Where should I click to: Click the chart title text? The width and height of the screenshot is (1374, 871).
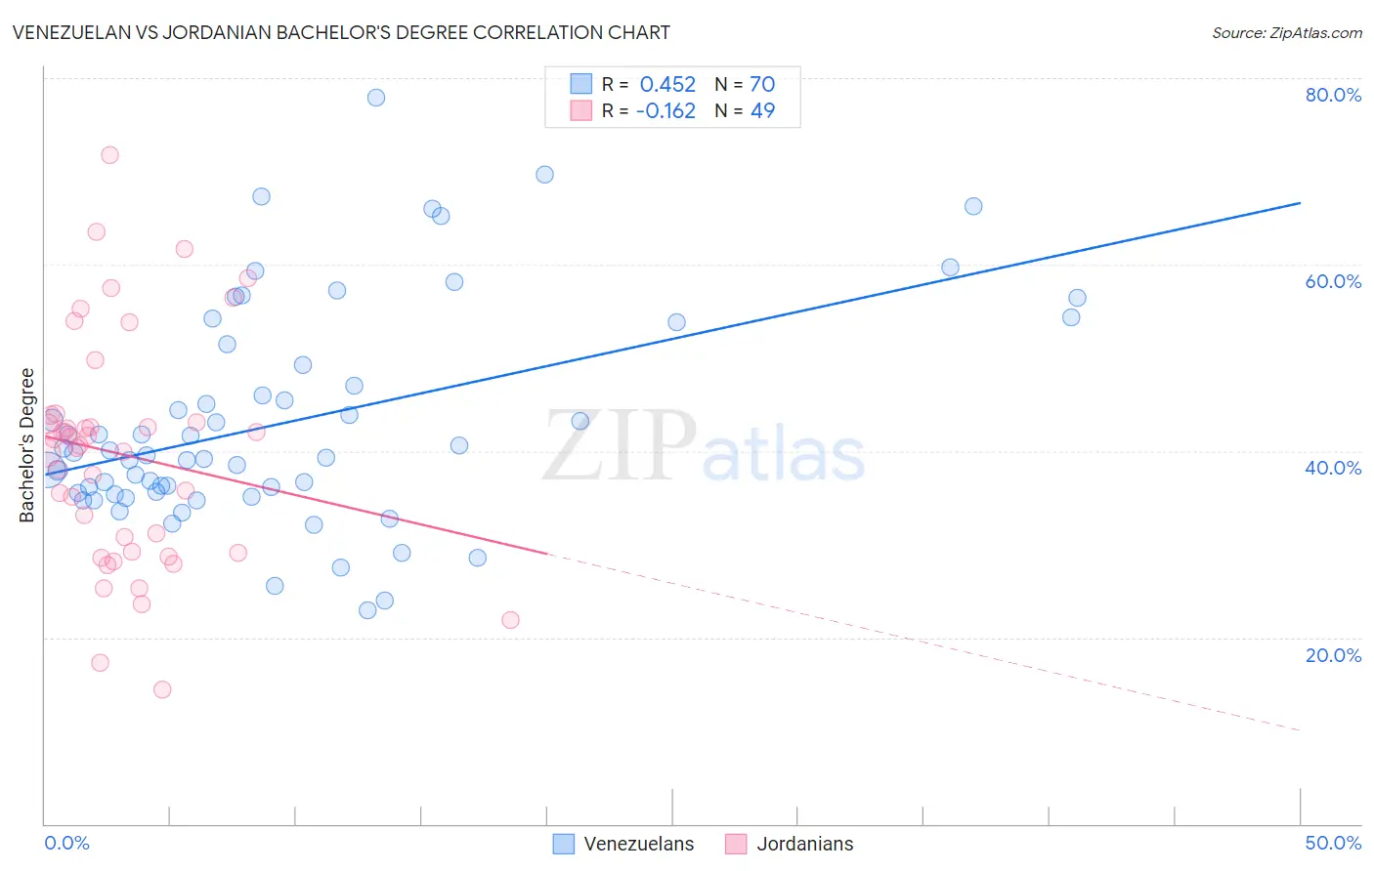(x=341, y=32)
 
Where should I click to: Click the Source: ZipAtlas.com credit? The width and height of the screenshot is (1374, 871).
(x=1286, y=32)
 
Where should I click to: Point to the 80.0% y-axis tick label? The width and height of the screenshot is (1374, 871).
(x=1333, y=95)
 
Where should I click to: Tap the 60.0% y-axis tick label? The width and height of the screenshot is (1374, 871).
(x=1333, y=281)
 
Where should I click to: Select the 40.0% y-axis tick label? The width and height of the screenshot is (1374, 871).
(x=1333, y=468)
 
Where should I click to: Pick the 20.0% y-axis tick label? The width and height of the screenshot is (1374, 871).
(x=1333, y=655)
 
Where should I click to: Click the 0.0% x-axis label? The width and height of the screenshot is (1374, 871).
(x=66, y=843)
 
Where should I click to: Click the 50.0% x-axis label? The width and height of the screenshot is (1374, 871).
(x=1333, y=843)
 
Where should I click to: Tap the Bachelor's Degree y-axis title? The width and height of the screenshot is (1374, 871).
(x=27, y=444)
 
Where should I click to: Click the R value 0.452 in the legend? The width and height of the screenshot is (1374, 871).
(x=667, y=85)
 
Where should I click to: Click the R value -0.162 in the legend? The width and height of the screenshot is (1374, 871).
(x=666, y=111)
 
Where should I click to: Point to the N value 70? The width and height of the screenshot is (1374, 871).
(x=761, y=85)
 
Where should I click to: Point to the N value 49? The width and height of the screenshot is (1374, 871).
(x=761, y=111)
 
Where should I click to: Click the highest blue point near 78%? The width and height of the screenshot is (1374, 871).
(x=376, y=98)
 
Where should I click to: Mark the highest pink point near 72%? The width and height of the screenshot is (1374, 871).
(x=109, y=155)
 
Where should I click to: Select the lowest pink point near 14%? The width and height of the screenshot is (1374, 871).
(x=162, y=689)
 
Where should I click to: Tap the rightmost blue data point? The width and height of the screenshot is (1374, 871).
(x=1077, y=298)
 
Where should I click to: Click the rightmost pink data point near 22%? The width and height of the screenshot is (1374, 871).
(x=510, y=620)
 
